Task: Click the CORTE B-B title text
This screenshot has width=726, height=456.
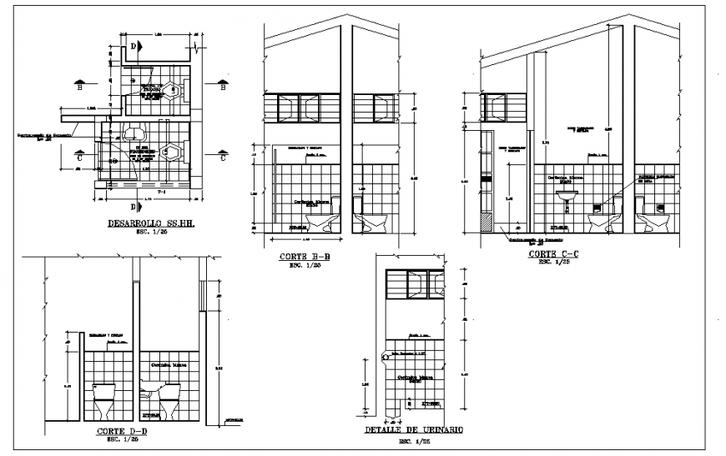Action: [305, 257]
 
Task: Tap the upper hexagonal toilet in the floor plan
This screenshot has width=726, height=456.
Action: [173, 91]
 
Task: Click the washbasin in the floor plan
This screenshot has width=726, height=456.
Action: [134, 134]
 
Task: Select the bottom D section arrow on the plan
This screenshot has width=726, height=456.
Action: [134, 204]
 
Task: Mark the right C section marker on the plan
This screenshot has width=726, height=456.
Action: [223, 155]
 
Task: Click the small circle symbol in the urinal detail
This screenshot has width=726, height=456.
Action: [384, 356]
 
